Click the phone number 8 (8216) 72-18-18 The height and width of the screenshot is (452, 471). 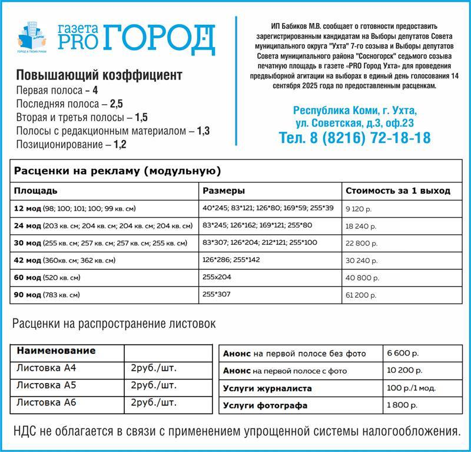coord(354,138)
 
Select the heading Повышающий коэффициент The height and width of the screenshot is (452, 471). coord(99,76)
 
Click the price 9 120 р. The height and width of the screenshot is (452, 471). coord(359,208)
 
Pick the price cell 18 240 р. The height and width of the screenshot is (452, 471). coord(361,225)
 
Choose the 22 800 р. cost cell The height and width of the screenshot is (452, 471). coord(361,243)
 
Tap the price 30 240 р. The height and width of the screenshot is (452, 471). coord(361,260)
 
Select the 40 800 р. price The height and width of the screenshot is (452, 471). coord(361,277)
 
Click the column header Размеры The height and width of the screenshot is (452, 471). coord(224,191)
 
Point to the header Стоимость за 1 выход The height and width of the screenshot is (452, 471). coord(398,191)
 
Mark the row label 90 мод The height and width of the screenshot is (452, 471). coord(28,294)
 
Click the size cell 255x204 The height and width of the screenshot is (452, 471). coord(216,277)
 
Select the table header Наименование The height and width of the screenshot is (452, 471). coord(56,351)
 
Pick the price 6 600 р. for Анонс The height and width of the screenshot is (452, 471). coord(403,354)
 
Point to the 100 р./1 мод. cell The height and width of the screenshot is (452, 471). coord(412,388)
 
